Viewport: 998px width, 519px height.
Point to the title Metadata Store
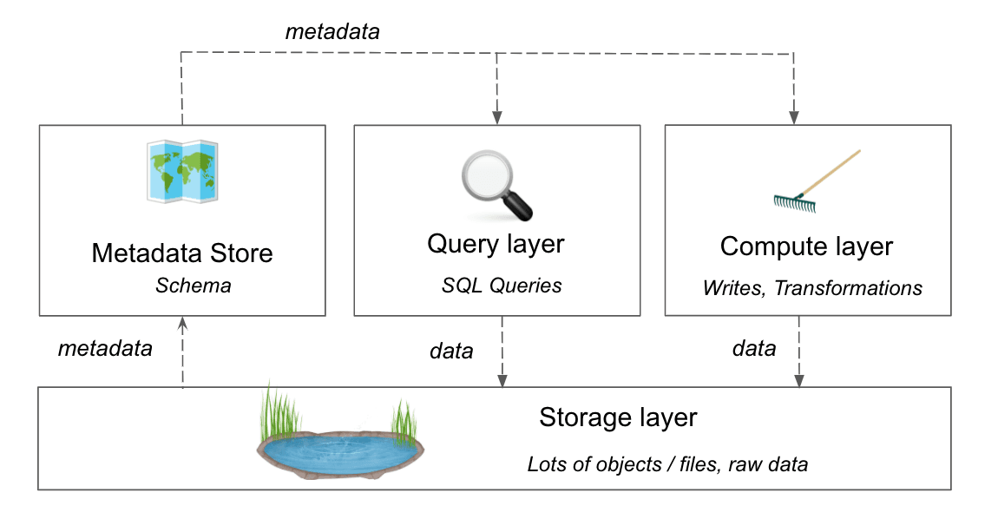point(182,253)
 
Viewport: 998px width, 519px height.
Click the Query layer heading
point(496,244)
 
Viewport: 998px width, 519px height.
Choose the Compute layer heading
point(806,246)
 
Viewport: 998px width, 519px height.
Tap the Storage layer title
point(618,417)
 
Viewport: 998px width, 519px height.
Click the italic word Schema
point(194,286)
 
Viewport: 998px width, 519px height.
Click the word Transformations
point(848,287)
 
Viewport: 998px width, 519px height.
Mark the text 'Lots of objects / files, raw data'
point(667,464)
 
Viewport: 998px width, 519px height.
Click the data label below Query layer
point(451,351)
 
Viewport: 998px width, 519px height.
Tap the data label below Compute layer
point(754,349)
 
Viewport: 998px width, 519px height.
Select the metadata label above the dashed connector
point(332,32)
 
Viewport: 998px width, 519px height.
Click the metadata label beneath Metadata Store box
point(105,349)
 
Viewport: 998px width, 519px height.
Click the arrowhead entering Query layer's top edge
point(497,117)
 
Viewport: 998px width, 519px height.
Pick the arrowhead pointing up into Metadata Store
point(182,323)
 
